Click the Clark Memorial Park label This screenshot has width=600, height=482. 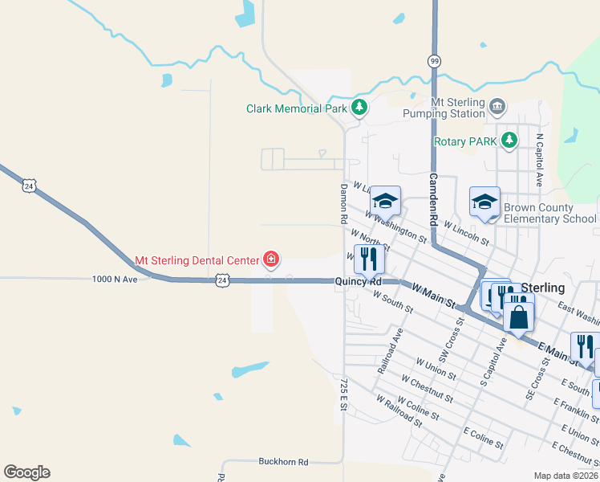pyautogui.click(x=296, y=108)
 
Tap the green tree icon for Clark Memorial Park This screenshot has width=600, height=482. pyautogui.click(x=360, y=107)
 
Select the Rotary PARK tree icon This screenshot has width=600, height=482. pyautogui.click(x=509, y=141)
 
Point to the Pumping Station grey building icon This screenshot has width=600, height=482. pyautogui.click(x=497, y=106)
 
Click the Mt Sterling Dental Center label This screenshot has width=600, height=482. pyautogui.click(x=197, y=260)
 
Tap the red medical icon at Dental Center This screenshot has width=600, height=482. pyautogui.click(x=272, y=259)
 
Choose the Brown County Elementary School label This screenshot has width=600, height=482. pyautogui.click(x=549, y=213)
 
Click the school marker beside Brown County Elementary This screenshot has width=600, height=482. pyautogui.click(x=484, y=202)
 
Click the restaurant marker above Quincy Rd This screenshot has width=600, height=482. pyautogui.click(x=369, y=259)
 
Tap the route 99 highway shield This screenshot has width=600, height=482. pyautogui.click(x=434, y=61)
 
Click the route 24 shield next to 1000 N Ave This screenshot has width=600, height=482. pyautogui.click(x=223, y=280)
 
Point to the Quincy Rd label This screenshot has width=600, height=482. pyautogui.click(x=358, y=282)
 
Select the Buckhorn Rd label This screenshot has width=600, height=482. pyautogui.click(x=283, y=462)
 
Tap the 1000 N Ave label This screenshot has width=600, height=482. pyautogui.click(x=115, y=279)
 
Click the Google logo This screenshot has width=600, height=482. pyautogui.click(x=26, y=472)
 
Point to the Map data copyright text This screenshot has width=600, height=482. pyautogui.click(x=566, y=476)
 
